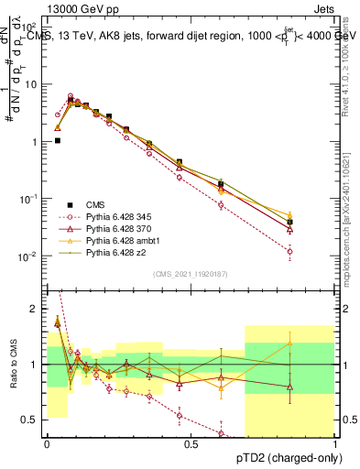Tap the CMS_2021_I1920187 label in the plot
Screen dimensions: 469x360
(x=191, y=274)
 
